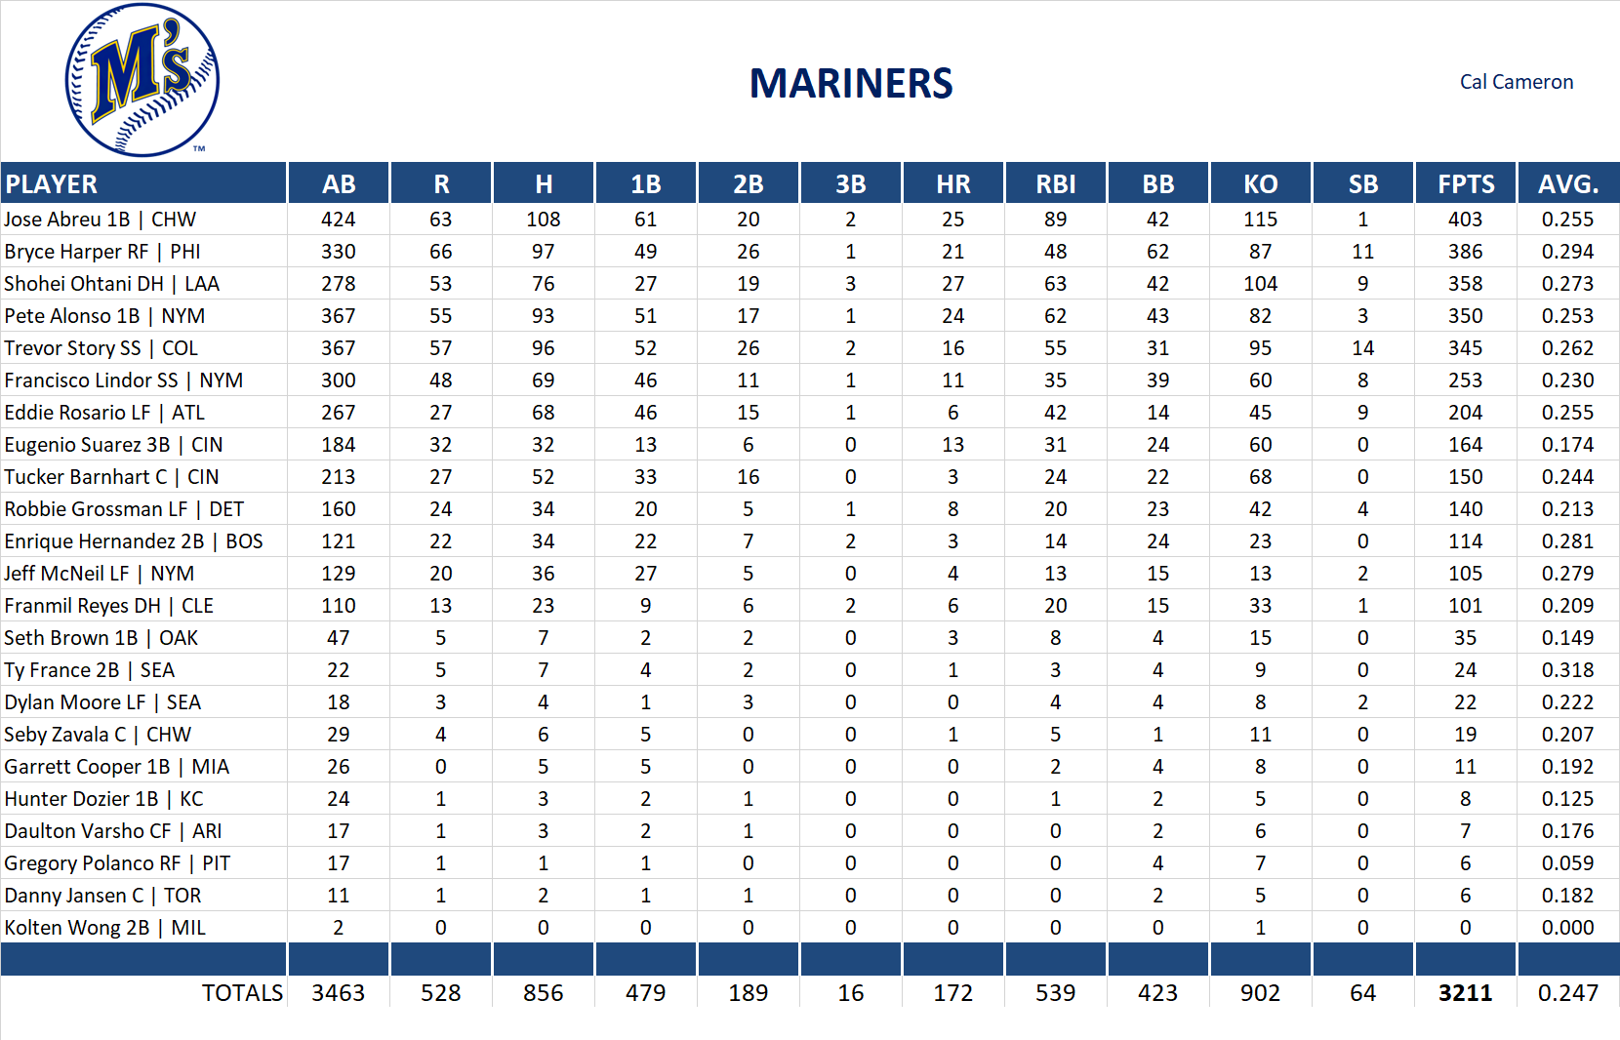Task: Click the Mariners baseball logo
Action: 142,80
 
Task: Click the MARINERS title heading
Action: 850,84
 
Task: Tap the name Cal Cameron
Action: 1516,82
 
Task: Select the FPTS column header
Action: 1465,184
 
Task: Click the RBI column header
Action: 1055,184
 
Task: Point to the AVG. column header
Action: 1567,184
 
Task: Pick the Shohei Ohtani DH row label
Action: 111,284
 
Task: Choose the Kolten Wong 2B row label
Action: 104,928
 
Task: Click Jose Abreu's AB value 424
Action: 338,220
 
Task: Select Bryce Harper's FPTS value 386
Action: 1465,252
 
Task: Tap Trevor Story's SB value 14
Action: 1362,348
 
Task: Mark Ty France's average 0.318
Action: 1567,670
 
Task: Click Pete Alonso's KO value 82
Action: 1260,316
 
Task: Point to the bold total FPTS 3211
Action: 1465,993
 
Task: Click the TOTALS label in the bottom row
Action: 242,993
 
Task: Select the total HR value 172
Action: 952,993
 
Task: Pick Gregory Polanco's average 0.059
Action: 1567,863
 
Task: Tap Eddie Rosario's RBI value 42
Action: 1055,413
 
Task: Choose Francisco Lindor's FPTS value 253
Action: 1465,380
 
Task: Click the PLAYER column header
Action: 51,184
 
